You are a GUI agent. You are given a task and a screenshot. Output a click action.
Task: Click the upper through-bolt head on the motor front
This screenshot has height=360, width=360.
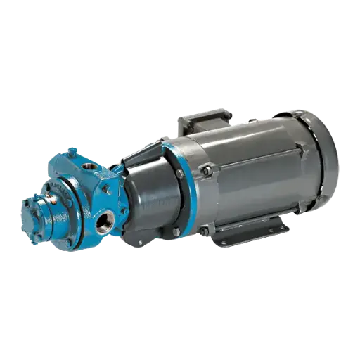pos(207,169)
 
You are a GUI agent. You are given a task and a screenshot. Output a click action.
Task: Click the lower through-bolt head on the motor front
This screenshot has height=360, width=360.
pos(203,230)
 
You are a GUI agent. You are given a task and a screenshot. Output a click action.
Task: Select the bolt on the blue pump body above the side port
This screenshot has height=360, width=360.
pos(105,189)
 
